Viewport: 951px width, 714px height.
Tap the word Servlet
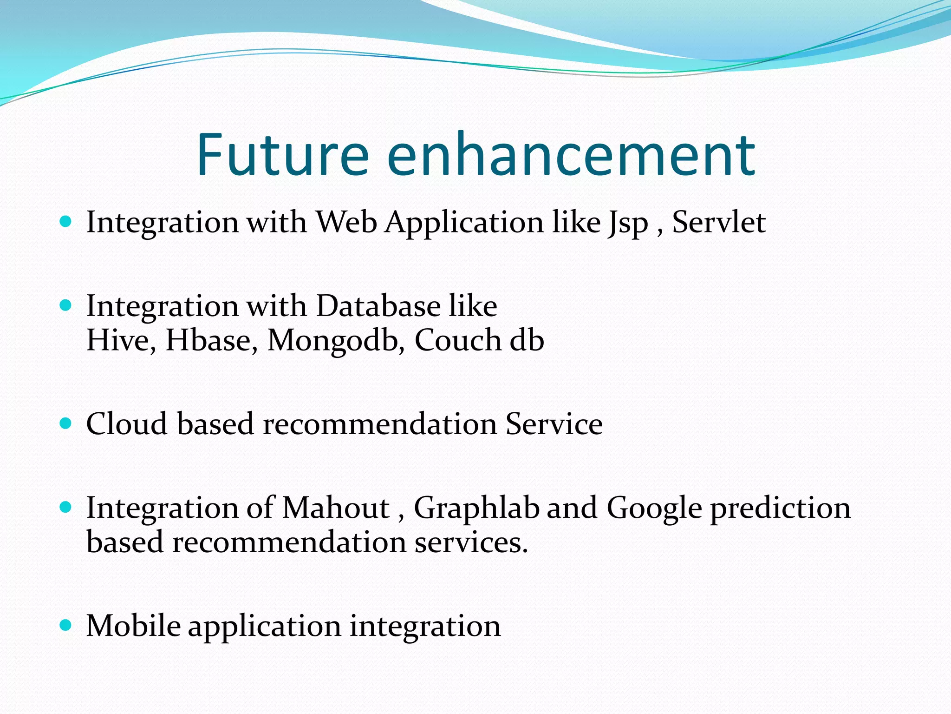pyautogui.click(x=718, y=222)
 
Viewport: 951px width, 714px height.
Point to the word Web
pyautogui.click(x=346, y=222)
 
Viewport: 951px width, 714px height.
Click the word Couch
pyautogui.click(x=457, y=340)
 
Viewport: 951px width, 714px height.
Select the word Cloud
pyautogui.click(x=126, y=424)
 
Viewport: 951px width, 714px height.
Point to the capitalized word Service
pyautogui.click(x=554, y=424)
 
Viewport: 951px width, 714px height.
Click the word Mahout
pyautogui.click(x=336, y=508)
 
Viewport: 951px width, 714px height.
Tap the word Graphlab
pyautogui.click(x=476, y=509)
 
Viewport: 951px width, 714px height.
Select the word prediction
pyautogui.click(x=781, y=509)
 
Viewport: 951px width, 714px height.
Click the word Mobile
pyautogui.click(x=133, y=626)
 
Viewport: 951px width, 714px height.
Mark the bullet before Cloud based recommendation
pyautogui.click(x=66, y=423)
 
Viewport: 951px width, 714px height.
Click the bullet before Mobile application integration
pyautogui.click(x=66, y=625)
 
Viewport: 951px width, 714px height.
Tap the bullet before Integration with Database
pyautogui.click(x=66, y=305)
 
